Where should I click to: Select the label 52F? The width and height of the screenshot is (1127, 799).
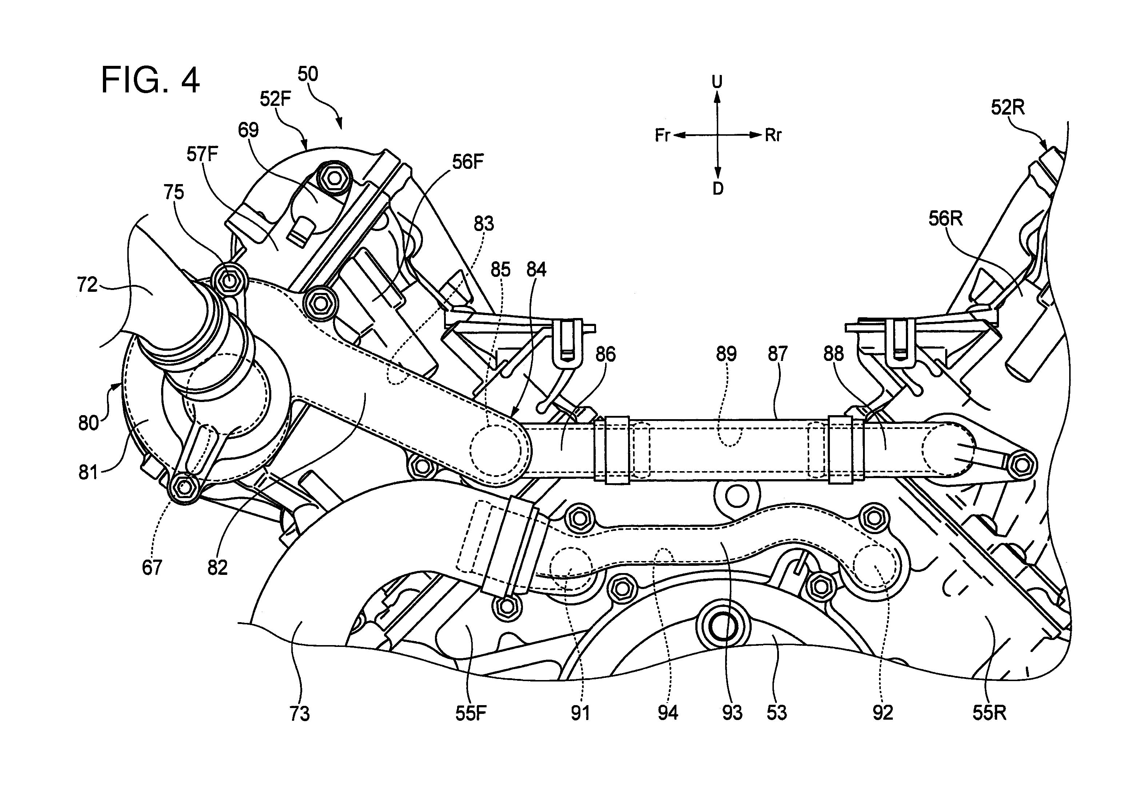(x=276, y=99)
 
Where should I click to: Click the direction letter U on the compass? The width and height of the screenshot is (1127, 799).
(x=718, y=82)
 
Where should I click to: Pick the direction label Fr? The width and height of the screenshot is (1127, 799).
(x=663, y=135)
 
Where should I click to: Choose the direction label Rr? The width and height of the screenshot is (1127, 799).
(x=773, y=135)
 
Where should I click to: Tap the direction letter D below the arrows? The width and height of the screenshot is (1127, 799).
(x=718, y=188)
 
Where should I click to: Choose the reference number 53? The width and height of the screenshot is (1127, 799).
(x=777, y=713)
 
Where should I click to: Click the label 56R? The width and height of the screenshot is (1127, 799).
(x=945, y=218)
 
